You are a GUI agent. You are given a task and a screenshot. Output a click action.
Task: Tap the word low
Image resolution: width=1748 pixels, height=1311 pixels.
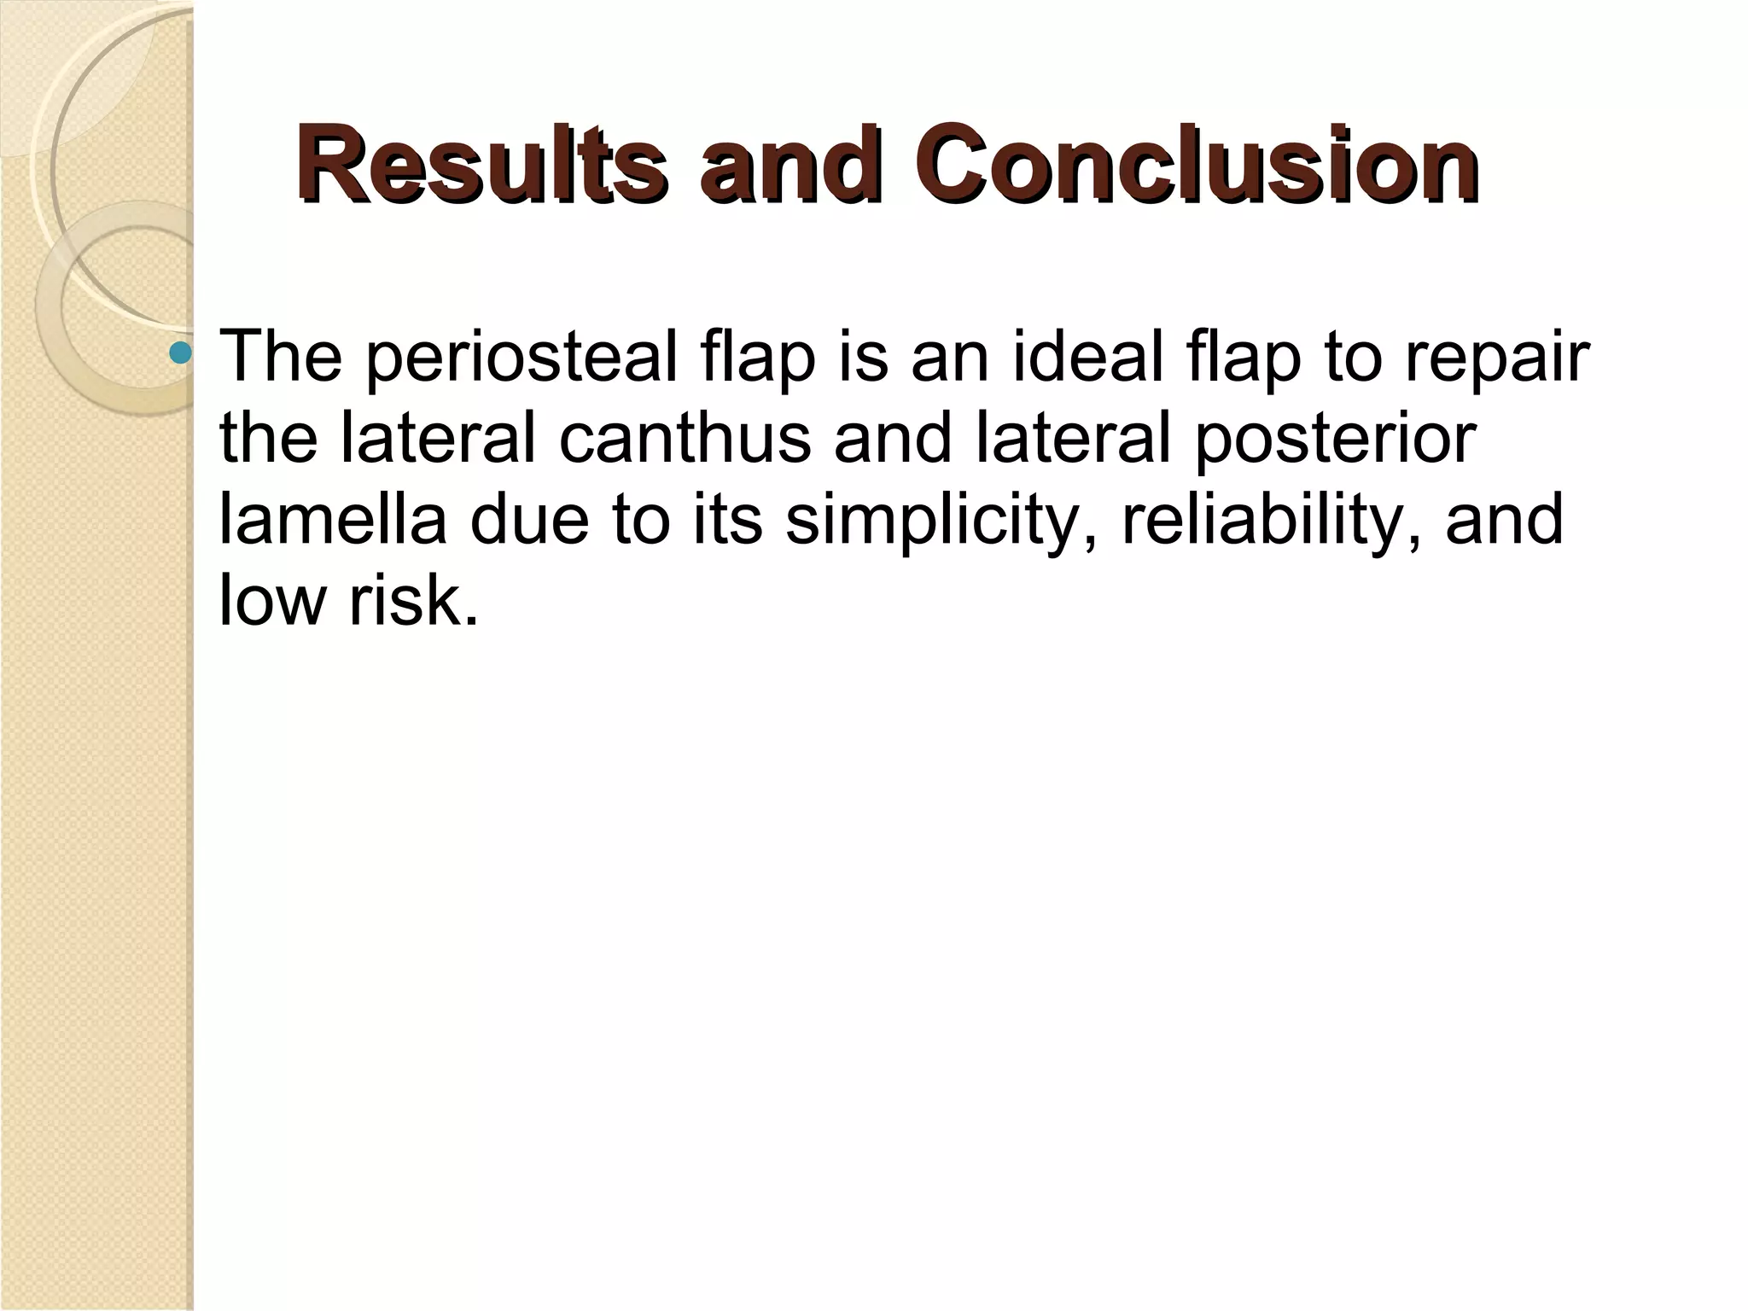[x=272, y=601]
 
